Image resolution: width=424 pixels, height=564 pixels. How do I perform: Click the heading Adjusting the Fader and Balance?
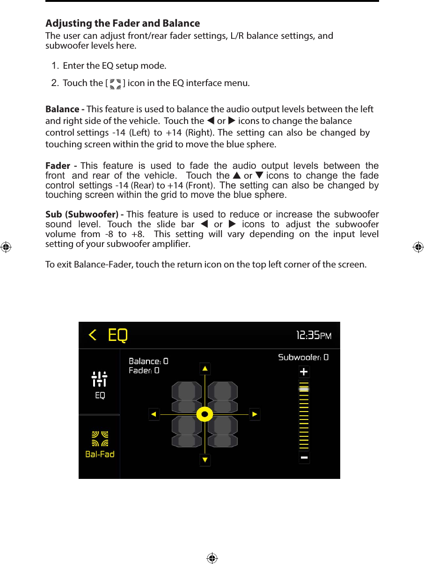click(x=123, y=23)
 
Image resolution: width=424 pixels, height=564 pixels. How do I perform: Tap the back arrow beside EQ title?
click(x=93, y=335)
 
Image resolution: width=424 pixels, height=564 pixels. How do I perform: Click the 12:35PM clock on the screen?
click(x=314, y=335)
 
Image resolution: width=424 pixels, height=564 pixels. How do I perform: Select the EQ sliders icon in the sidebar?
click(x=100, y=379)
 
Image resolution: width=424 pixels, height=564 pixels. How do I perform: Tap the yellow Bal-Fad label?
click(x=100, y=454)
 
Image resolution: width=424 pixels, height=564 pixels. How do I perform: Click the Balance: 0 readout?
click(x=148, y=361)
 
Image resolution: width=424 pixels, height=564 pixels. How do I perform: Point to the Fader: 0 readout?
click(x=144, y=370)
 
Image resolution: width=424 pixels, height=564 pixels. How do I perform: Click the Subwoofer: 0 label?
click(x=303, y=357)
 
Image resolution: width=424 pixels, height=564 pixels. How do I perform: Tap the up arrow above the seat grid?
click(x=205, y=369)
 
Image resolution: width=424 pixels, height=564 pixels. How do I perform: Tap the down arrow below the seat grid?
click(x=205, y=460)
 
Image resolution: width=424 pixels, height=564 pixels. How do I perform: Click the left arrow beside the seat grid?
click(x=154, y=414)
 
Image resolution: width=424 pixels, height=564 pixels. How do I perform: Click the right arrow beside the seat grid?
click(x=254, y=414)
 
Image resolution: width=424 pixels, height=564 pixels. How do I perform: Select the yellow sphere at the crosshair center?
click(x=205, y=414)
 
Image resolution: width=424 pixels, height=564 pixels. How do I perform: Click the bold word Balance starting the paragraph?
click(x=63, y=109)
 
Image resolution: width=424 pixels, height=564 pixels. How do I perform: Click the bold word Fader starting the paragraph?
click(x=58, y=166)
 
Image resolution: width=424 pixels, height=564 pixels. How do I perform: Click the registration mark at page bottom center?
click(x=212, y=558)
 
